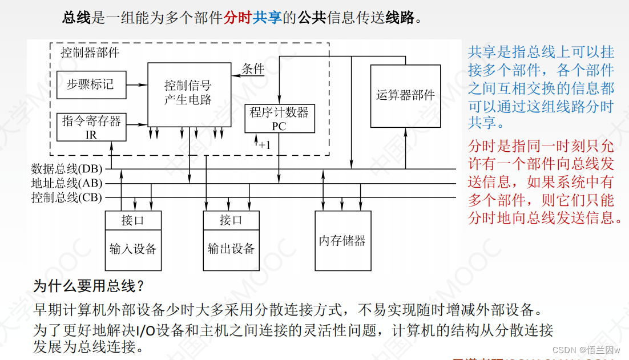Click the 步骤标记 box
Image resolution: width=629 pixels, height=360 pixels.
90,85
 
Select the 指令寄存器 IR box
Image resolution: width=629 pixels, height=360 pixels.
91,127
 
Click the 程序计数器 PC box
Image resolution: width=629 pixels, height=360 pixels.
279,119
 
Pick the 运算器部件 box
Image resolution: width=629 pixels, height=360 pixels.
405,95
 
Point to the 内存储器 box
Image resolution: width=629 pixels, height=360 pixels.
342,240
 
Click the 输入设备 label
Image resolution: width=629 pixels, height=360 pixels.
133,249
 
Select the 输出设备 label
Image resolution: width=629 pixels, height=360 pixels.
231,249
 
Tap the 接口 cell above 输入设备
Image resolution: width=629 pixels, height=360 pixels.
133,220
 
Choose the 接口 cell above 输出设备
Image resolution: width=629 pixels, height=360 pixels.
231,220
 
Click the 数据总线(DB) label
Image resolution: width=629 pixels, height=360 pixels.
67,169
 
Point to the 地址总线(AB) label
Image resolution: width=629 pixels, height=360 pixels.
67,183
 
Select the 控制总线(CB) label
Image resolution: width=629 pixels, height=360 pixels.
67,197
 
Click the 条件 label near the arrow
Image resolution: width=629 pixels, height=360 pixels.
253,70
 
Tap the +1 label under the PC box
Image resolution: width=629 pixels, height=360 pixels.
264,145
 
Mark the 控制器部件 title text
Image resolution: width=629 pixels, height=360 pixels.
90,52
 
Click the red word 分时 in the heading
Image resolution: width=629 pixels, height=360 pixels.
238,18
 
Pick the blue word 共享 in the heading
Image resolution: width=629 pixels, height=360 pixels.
268,18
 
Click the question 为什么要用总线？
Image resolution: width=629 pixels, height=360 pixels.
88,286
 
